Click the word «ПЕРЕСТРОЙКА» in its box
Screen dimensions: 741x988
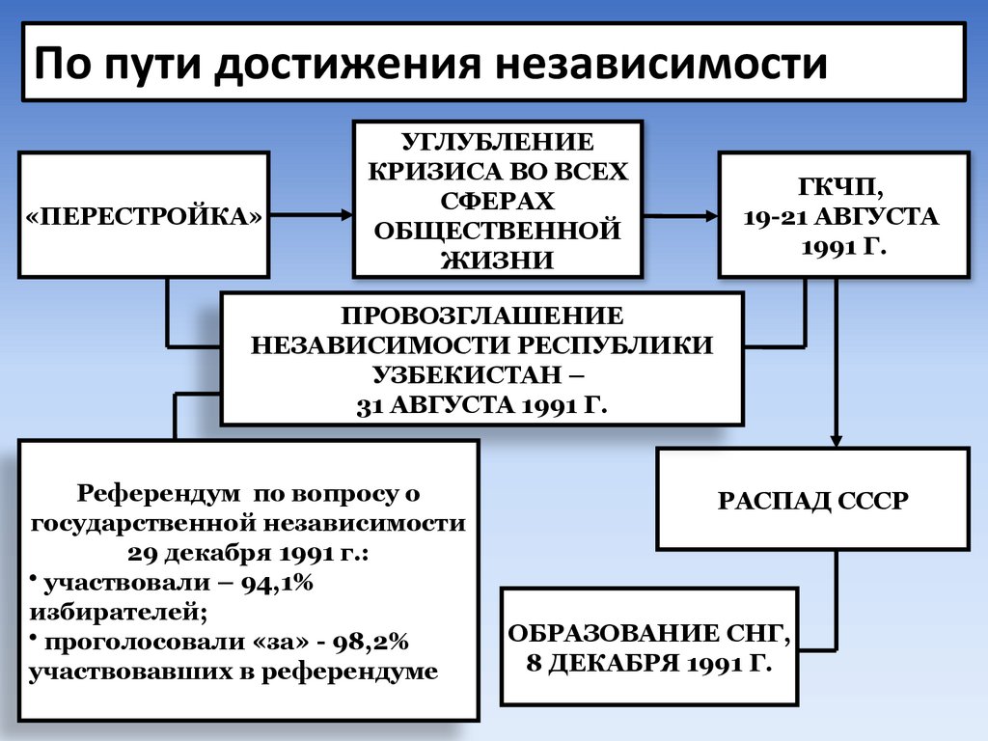tap(143, 214)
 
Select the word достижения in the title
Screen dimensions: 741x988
tap(359, 65)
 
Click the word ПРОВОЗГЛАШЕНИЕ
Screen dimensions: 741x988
tap(481, 316)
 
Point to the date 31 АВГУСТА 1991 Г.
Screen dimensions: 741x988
tap(481, 404)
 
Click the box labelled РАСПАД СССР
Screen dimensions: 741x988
tap(813, 500)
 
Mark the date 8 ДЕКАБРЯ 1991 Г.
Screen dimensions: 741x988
tap(648, 664)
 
